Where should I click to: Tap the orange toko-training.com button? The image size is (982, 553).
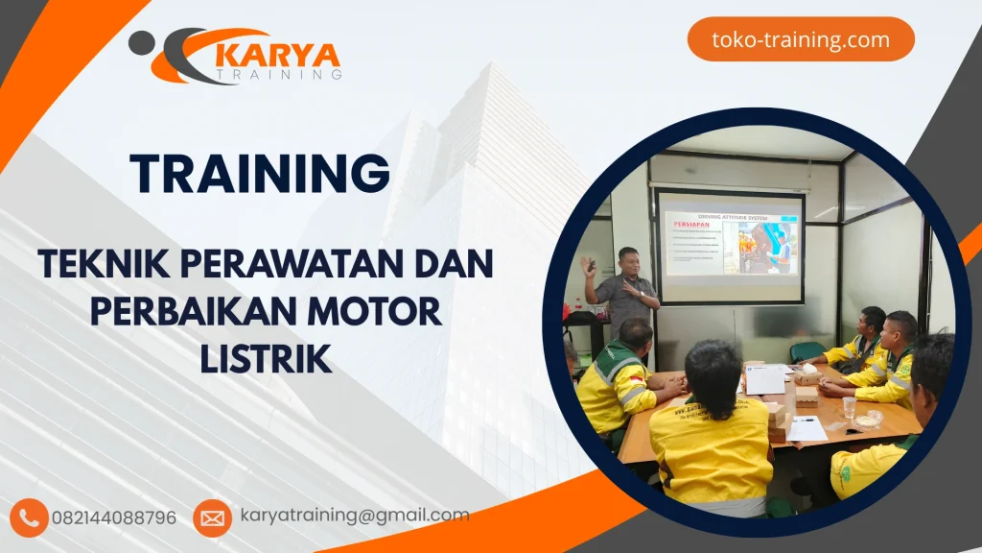[801, 40]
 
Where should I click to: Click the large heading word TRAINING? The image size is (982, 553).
[260, 173]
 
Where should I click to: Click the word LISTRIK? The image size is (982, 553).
[267, 360]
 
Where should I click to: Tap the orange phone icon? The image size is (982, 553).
[29, 518]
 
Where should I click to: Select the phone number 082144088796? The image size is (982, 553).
[114, 518]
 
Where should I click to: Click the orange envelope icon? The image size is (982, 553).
[212, 518]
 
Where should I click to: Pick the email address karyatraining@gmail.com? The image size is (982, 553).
[355, 516]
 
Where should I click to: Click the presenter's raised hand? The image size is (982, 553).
[587, 265]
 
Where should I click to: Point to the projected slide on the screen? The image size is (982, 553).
[730, 246]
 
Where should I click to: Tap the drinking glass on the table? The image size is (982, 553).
[849, 407]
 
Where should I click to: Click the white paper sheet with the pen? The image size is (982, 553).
[807, 429]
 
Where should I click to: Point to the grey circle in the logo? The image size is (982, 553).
[140, 42]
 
